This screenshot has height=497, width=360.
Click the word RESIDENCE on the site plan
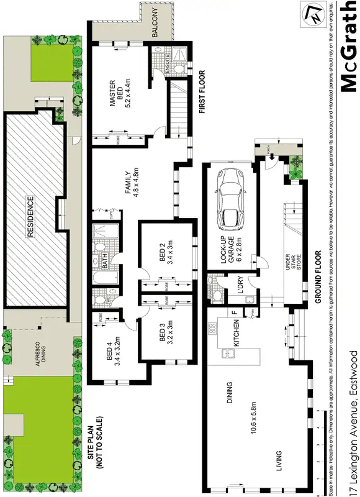(29, 216)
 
